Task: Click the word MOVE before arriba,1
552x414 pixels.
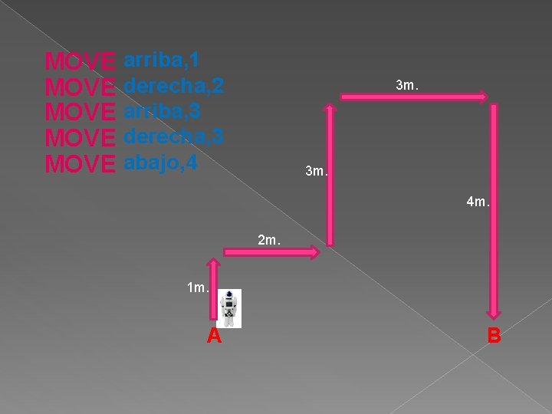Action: point(80,61)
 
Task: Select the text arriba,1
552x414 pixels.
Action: point(162,59)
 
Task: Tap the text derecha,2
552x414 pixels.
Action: point(173,85)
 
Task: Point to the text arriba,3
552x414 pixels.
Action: point(162,111)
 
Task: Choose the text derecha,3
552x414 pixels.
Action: point(173,137)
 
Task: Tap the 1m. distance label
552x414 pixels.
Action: point(198,287)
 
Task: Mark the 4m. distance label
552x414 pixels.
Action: point(478,203)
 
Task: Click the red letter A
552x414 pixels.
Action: point(214,336)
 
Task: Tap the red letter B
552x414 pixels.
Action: point(495,336)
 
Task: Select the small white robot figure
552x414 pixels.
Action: point(228,308)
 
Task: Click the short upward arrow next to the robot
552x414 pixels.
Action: point(215,289)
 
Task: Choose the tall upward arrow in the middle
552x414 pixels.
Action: point(330,176)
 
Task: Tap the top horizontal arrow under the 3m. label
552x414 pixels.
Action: point(414,97)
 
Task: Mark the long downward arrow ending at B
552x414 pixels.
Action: point(495,211)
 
